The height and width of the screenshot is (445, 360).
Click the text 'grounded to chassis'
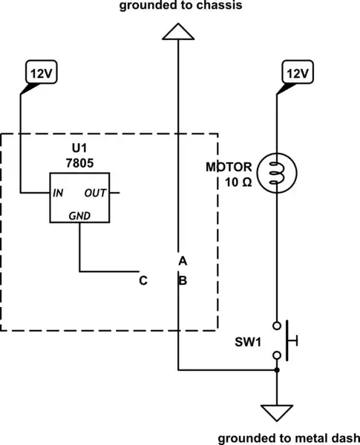[x=179, y=5]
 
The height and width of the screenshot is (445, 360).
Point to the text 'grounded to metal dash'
[x=289, y=438]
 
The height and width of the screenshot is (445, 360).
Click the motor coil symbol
[x=276, y=173]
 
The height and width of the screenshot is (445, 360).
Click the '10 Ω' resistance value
[x=237, y=182]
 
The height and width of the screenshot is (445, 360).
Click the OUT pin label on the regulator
[x=96, y=193]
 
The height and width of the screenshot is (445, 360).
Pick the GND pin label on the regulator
[x=79, y=215]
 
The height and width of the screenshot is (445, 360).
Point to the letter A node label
[x=182, y=261]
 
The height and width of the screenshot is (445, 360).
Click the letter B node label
[x=182, y=280]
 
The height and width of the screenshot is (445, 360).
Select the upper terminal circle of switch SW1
[x=276, y=325]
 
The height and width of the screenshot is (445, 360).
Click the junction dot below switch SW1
[x=276, y=369]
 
